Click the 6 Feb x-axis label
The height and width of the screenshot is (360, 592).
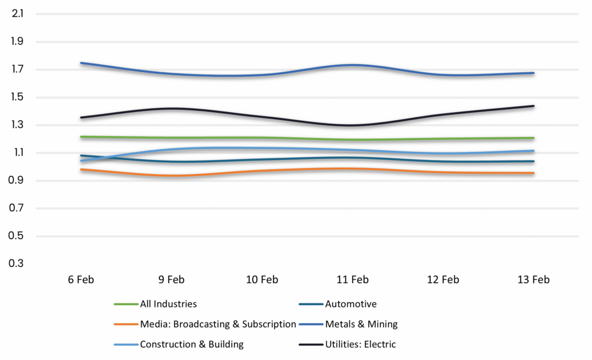(80, 280)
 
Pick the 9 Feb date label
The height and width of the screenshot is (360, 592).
(171, 280)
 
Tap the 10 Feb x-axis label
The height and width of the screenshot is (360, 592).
(262, 280)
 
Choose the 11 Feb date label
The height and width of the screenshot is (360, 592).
(352, 280)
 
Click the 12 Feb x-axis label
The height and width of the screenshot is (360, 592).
(443, 280)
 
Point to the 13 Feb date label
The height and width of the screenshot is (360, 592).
(533, 280)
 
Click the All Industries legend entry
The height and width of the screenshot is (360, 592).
(168, 304)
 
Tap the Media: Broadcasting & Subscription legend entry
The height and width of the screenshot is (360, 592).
(217, 324)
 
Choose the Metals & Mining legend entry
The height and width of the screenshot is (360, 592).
(361, 324)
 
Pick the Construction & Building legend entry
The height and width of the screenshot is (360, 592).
(191, 344)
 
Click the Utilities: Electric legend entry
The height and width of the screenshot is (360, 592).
(360, 344)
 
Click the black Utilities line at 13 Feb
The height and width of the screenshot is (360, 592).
(533, 106)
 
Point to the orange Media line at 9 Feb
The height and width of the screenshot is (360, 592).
(171, 175)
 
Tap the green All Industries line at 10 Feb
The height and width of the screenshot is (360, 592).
(262, 138)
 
